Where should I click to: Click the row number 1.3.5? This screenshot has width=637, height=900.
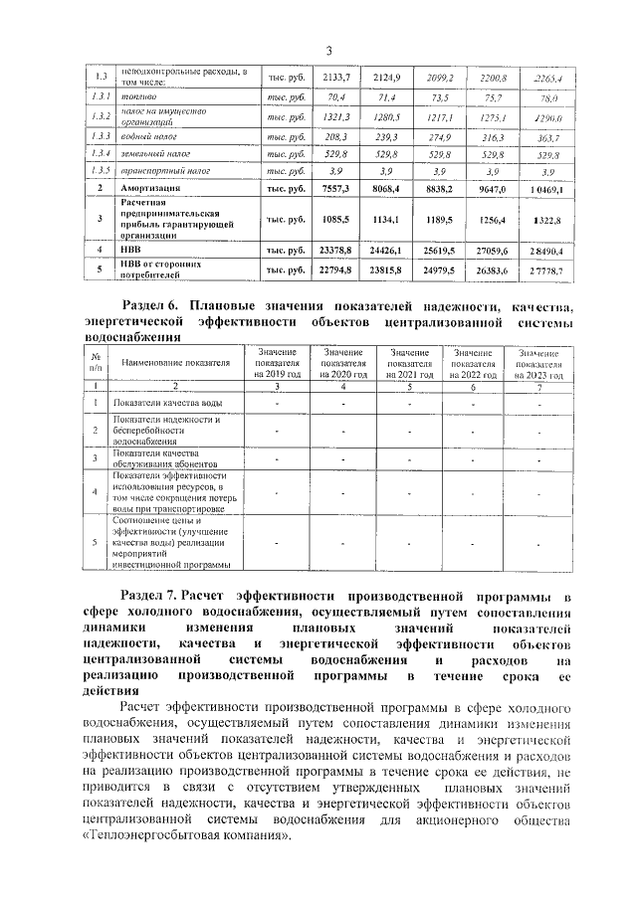pyautogui.click(x=99, y=171)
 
